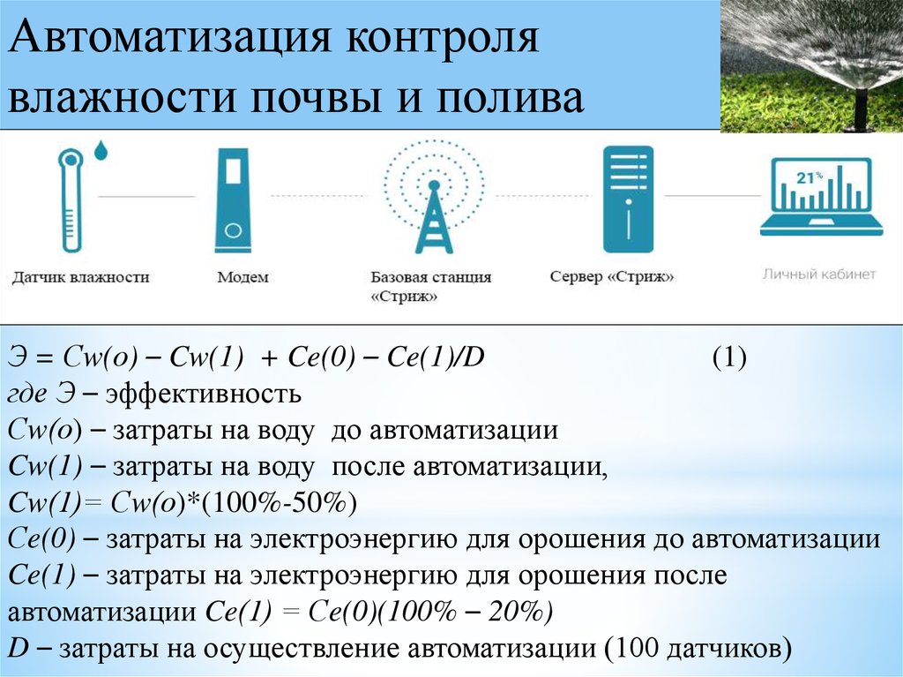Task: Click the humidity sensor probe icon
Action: click(x=71, y=199)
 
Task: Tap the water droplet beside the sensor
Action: click(x=101, y=150)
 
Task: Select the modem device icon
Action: click(x=233, y=200)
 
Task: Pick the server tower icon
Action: click(x=628, y=199)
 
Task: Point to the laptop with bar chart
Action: click(x=821, y=196)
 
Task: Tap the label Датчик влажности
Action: click(x=80, y=277)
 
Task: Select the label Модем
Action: click(x=243, y=277)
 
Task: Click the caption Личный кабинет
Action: click(x=819, y=274)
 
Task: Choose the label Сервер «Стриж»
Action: click(x=612, y=277)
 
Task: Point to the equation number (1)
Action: click(x=729, y=357)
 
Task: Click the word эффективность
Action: click(x=204, y=394)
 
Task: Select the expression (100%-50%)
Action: click(x=279, y=503)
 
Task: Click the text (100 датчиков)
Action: click(x=698, y=648)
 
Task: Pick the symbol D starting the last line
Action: click(x=19, y=648)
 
